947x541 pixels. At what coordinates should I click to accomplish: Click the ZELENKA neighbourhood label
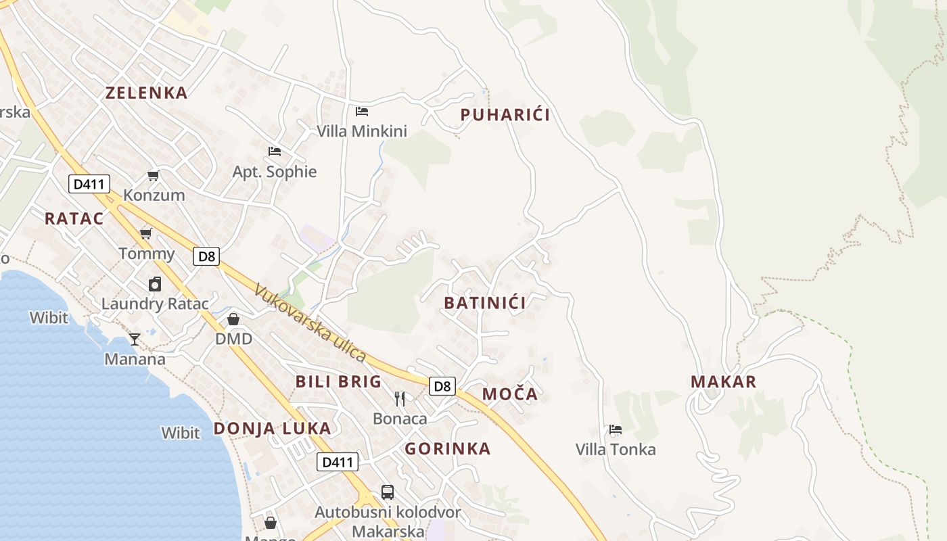pos(146,93)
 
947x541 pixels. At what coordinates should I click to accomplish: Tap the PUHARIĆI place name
pos(505,115)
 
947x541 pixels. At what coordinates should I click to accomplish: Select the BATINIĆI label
pos(485,303)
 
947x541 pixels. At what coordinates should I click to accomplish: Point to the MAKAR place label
pos(723,382)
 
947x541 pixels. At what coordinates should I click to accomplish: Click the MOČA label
pos(510,394)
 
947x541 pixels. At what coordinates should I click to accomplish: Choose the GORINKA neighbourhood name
pos(448,449)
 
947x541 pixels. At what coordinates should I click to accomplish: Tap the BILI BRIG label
pos(338,381)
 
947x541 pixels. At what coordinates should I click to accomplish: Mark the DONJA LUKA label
pos(273,428)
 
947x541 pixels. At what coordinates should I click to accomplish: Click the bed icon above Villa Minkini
pos(362,111)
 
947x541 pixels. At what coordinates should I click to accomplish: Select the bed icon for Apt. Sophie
pos(275,151)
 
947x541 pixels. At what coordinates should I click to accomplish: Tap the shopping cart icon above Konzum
pos(154,176)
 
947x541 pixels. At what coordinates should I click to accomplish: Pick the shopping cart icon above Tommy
pos(145,234)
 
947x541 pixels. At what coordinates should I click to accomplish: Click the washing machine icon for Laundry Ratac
pos(155,284)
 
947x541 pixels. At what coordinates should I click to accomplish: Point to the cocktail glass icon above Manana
pos(135,339)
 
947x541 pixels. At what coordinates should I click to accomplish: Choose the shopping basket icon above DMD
pos(233,319)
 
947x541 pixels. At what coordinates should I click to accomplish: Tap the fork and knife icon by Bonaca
pos(400,399)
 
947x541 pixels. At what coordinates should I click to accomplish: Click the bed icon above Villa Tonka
pos(615,429)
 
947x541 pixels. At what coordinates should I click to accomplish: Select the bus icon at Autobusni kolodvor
pos(388,492)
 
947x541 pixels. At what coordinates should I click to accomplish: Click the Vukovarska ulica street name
pos(310,323)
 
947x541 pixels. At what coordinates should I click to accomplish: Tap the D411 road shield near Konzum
pos(89,184)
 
